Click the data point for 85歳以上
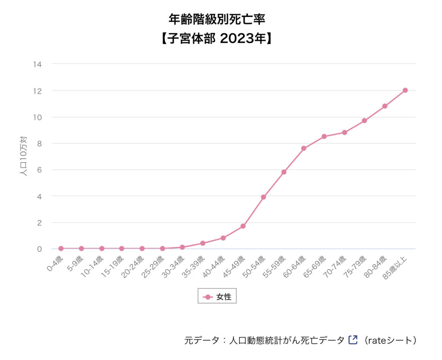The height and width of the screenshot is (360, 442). point(405,90)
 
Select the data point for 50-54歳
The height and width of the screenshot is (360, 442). point(263,197)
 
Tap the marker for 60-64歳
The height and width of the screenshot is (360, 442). point(304,148)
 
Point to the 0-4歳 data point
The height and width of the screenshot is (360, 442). point(61,248)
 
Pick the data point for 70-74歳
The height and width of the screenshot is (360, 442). point(344,132)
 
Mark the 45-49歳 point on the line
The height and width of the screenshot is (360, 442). point(243,226)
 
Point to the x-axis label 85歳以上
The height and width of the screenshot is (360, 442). point(395,268)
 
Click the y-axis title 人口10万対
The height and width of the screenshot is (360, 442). point(24,156)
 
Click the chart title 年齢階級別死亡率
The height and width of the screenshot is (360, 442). point(217,19)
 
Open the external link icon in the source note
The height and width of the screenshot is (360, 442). point(353,340)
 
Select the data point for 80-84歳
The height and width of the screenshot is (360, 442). point(385,106)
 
